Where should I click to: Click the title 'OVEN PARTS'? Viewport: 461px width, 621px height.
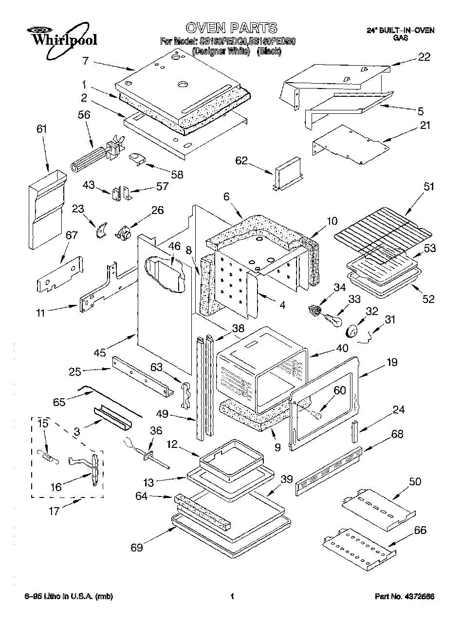[x=231, y=27]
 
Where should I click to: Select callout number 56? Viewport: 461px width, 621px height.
[x=84, y=114]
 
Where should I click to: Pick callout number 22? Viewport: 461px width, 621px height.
[x=424, y=57]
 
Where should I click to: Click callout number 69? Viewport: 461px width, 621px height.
[x=137, y=548]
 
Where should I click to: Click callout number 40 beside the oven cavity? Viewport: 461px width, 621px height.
[x=342, y=348]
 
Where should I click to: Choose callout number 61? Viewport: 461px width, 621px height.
[x=42, y=129]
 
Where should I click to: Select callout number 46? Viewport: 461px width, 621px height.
[x=174, y=246]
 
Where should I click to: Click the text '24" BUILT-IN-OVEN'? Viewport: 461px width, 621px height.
[x=400, y=31]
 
